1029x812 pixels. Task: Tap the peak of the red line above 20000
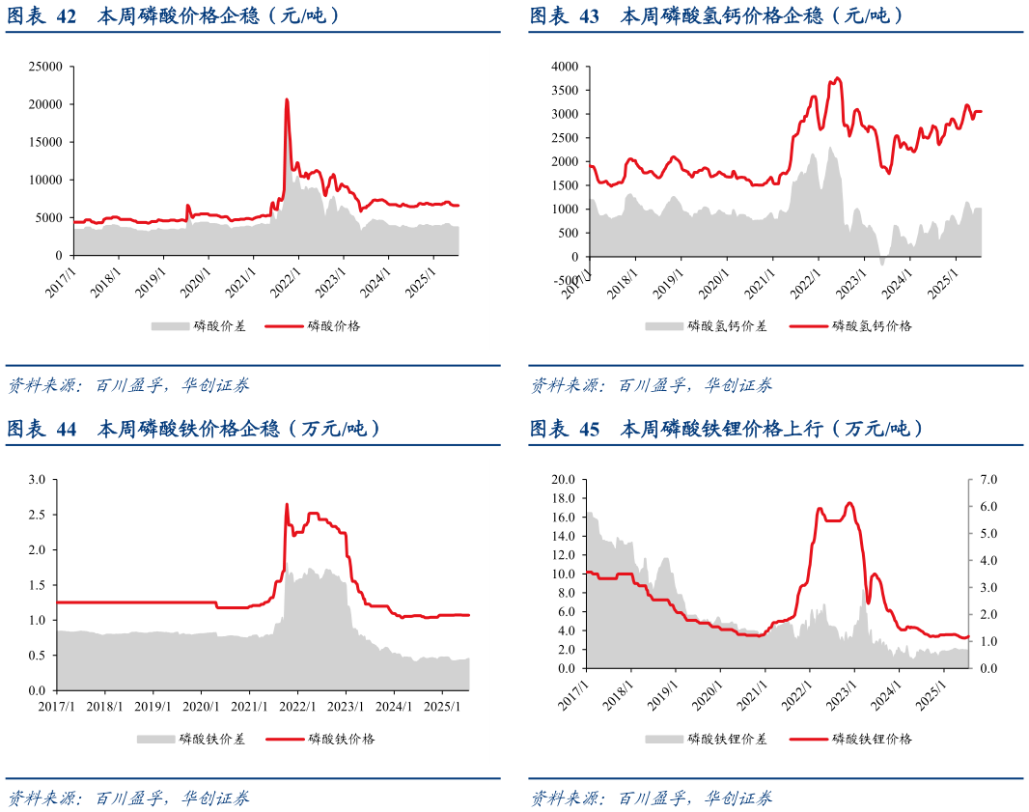[287, 99]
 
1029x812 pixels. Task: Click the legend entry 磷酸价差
[219, 325]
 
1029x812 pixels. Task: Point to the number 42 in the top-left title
[66, 15]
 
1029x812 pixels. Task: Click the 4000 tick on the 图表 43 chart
[565, 67]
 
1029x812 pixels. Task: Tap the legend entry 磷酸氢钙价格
[872, 325]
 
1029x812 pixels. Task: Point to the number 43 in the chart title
[589, 15]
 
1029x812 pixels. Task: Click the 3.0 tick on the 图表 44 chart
[38, 479]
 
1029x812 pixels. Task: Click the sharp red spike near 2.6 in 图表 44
[287, 504]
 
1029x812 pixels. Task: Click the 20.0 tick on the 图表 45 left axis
[563, 479]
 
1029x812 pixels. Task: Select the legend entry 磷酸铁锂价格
[872, 739]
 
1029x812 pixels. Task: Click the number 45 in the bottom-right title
[589, 429]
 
